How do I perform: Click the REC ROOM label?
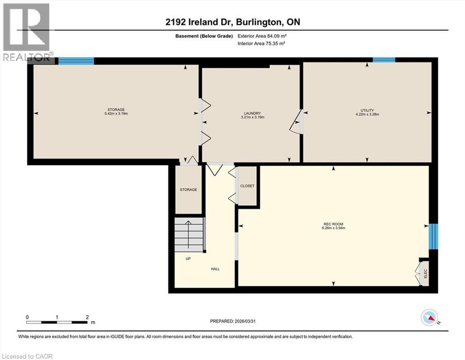(x=333, y=224)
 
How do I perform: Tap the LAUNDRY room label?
(x=252, y=113)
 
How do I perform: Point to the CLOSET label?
(x=247, y=186)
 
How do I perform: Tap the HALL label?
(x=215, y=269)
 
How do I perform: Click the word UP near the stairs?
(x=188, y=258)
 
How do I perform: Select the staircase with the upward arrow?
(x=189, y=234)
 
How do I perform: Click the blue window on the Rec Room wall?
(x=434, y=237)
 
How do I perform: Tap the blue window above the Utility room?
(x=384, y=60)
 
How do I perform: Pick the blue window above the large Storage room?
(x=76, y=61)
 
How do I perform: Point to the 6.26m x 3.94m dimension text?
(x=333, y=228)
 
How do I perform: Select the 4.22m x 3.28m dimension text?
(x=367, y=114)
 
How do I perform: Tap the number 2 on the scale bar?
(x=87, y=317)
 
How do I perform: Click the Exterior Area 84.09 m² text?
(x=262, y=36)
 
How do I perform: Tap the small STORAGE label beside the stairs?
(x=188, y=190)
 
